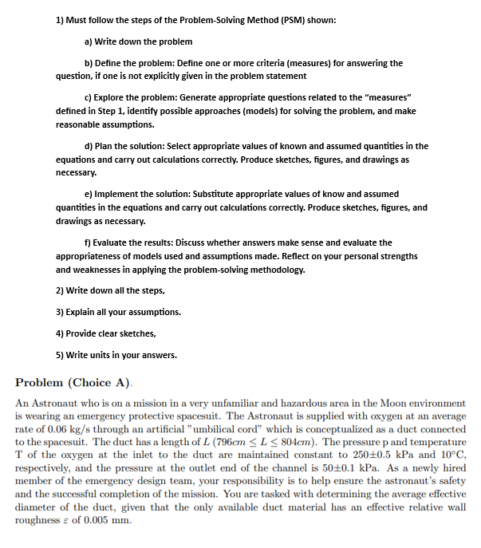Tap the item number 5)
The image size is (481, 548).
tap(61, 355)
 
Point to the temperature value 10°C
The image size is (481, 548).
tap(451, 455)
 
